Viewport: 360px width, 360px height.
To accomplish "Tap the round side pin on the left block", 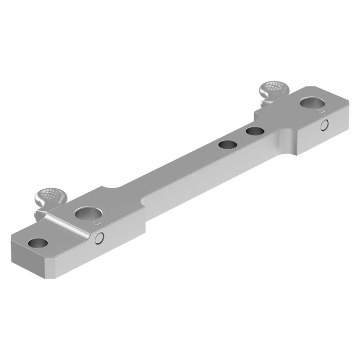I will click(100, 237).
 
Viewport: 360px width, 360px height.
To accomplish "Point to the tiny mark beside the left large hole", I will click(96, 224).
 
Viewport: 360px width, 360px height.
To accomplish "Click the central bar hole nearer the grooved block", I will click(226, 145).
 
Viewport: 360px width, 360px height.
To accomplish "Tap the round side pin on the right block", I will click(325, 125).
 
